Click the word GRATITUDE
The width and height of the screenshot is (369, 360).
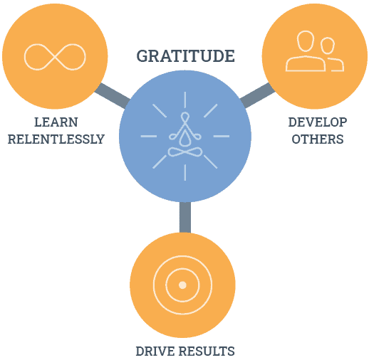pos(185,56)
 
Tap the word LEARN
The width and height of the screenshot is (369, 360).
pos(56,122)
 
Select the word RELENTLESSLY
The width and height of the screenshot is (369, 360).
pos(56,139)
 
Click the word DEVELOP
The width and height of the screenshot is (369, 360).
pos(318,122)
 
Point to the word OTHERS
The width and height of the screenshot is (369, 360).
pos(318,139)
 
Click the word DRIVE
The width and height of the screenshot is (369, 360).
pos(155,351)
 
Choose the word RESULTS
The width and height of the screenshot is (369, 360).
pos(207,351)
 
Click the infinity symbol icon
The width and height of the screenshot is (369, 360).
pos(55,57)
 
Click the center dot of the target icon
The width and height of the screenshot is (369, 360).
pos(182,285)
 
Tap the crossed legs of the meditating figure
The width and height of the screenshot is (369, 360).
pos(185,152)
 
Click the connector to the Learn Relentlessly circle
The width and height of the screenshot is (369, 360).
pos(113,95)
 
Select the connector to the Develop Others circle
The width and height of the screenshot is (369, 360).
pos(258,95)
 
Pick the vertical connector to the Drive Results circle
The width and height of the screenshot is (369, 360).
pos(185,217)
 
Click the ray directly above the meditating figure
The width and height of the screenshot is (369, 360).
pos(185,100)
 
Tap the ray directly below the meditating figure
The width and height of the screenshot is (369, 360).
pos(185,172)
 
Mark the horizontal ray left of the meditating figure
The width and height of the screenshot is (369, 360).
pos(149,136)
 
